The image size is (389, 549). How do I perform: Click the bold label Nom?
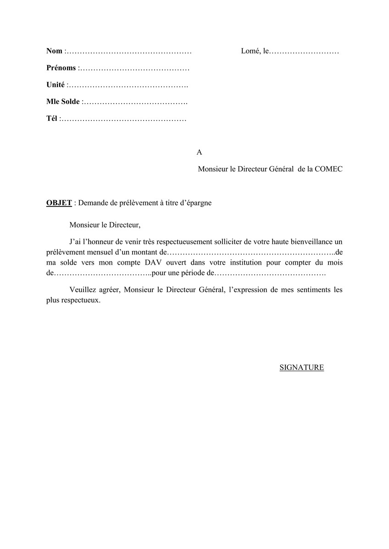[54, 51]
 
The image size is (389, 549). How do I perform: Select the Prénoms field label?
[61, 68]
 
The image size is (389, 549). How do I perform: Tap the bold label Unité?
[56, 85]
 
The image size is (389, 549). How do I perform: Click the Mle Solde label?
[63, 102]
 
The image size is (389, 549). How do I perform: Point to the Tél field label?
[52, 119]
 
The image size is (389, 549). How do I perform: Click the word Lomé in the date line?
[250, 51]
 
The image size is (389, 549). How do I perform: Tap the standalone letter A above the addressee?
[199, 152]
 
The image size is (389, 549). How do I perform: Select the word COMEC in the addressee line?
[328, 169]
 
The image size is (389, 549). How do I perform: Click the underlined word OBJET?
[59, 203]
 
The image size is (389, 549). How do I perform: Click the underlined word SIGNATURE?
[301, 367]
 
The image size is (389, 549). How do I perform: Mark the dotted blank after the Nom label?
[129, 51]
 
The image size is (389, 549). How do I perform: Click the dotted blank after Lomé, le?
[304, 51]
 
